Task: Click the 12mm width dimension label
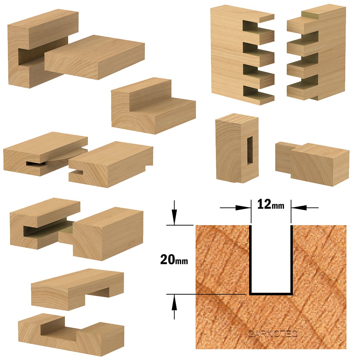(x=271, y=204)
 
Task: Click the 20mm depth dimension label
(x=174, y=260)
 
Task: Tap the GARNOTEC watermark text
(x=273, y=334)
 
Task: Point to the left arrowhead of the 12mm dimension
(x=243, y=208)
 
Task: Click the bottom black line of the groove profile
(x=271, y=294)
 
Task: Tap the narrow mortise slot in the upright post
(x=250, y=150)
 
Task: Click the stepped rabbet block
(x=153, y=105)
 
